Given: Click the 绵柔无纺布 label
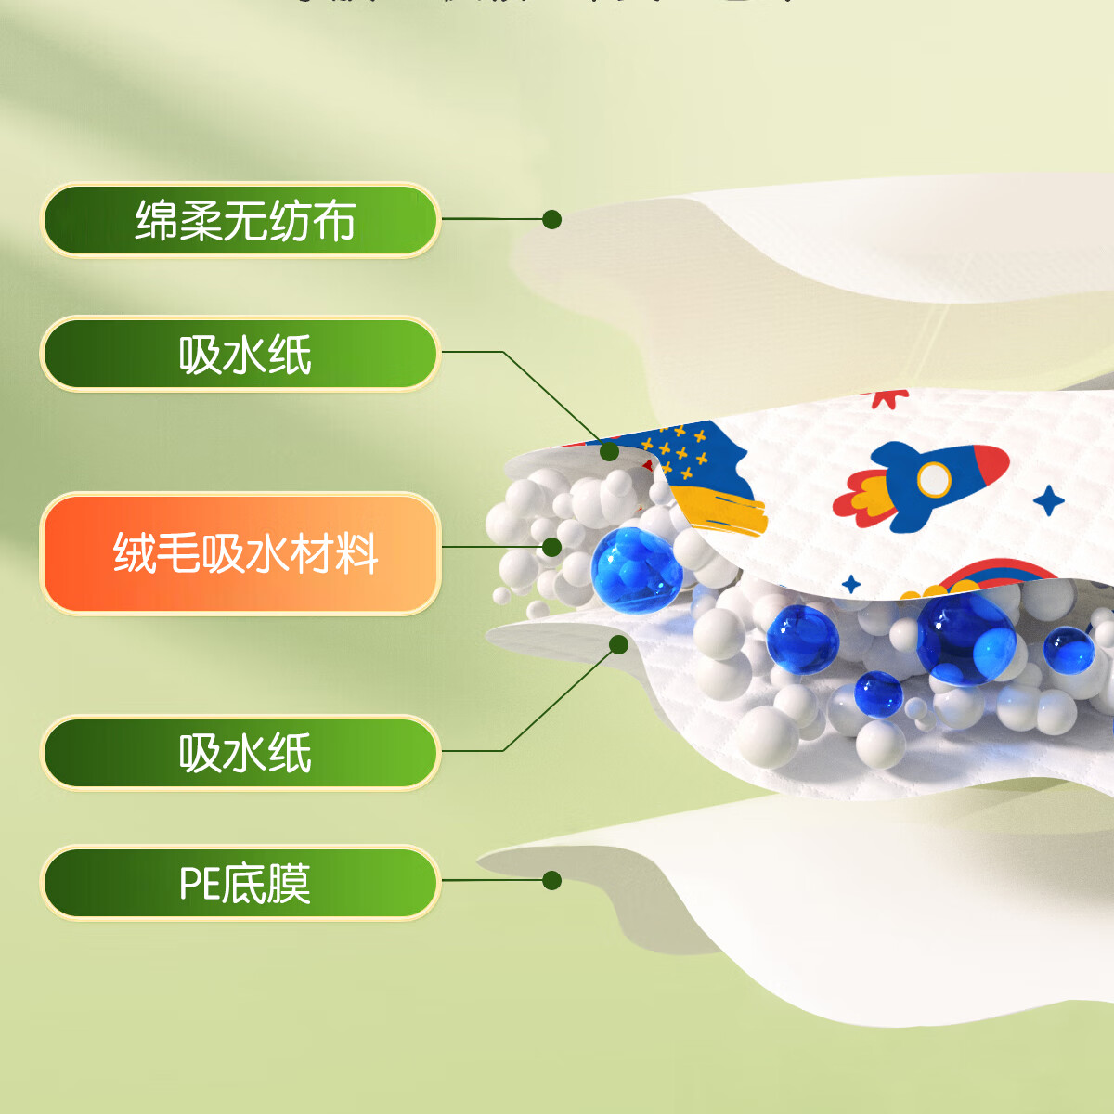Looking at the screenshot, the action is tap(240, 220).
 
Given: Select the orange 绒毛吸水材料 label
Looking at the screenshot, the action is tap(240, 553).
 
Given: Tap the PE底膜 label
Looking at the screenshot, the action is tap(240, 882).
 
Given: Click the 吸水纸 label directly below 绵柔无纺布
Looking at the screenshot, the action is tap(240, 354).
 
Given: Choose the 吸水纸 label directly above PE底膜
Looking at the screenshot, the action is tap(240, 752).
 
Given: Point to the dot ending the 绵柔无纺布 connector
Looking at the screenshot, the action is tap(551, 219).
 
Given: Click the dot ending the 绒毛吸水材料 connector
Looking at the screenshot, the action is tap(551, 547).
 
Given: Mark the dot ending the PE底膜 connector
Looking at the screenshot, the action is tap(551, 880).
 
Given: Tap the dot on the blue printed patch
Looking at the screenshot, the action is tap(609, 451).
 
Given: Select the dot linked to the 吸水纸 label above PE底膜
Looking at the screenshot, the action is tap(619, 643).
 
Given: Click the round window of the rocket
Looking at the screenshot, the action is tap(933, 480).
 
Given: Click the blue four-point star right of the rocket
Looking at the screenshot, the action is tap(1049, 500).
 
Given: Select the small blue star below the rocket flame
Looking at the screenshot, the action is tap(850, 584).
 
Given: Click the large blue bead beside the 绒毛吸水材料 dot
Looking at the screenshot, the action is tap(636, 569).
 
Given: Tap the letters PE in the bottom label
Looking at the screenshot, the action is tap(199, 883).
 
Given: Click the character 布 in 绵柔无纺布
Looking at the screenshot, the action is tap(332, 221).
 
